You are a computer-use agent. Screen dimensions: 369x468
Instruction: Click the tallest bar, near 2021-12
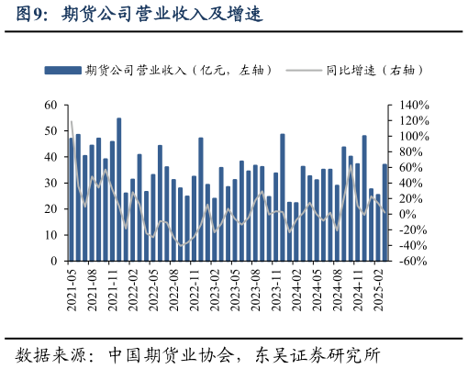(x=119, y=189)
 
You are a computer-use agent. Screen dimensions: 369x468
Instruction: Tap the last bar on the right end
(x=384, y=212)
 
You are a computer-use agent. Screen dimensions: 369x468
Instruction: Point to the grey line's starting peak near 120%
(x=72, y=122)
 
